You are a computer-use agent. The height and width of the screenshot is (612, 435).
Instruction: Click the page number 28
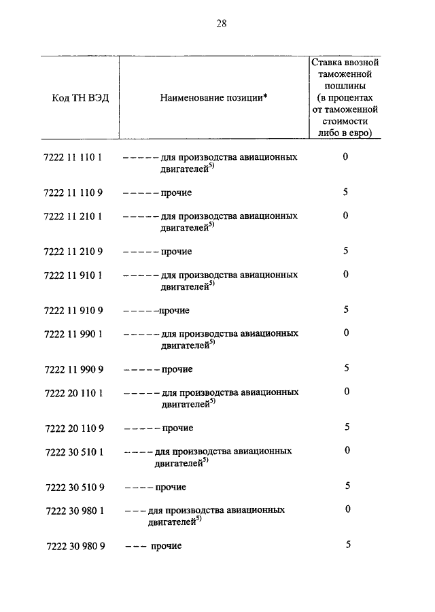click(x=221, y=23)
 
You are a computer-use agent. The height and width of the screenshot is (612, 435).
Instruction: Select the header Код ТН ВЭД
click(x=80, y=98)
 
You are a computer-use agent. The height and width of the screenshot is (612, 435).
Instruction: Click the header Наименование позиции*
click(x=213, y=98)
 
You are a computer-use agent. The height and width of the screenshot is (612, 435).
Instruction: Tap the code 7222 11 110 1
click(x=73, y=157)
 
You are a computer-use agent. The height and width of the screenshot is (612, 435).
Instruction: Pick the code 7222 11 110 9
click(x=73, y=193)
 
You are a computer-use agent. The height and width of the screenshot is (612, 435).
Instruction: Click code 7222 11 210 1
click(x=73, y=216)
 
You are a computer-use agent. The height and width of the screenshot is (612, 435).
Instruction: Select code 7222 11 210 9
click(x=73, y=252)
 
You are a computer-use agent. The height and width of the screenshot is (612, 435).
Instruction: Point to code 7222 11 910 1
click(x=73, y=275)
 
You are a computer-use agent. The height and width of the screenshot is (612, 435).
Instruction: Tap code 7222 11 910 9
click(x=73, y=311)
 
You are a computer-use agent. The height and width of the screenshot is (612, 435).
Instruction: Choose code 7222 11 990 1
click(x=73, y=334)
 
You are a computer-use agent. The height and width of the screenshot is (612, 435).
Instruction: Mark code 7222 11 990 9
click(x=73, y=369)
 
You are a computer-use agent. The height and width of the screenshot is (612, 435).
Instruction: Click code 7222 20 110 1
click(x=73, y=393)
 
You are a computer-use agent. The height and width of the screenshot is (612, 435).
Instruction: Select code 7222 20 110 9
click(x=73, y=428)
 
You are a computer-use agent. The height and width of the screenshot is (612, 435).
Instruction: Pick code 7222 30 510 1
click(x=73, y=452)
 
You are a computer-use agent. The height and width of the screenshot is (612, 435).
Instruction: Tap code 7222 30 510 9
click(x=73, y=487)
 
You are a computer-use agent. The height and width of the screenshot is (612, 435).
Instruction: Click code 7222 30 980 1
click(x=73, y=510)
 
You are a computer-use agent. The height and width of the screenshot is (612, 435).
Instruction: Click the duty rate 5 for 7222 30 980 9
click(x=348, y=544)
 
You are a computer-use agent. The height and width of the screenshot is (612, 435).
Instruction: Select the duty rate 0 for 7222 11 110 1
click(x=346, y=156)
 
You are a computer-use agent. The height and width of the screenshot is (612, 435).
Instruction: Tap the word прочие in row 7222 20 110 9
click(x=177, y=428)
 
